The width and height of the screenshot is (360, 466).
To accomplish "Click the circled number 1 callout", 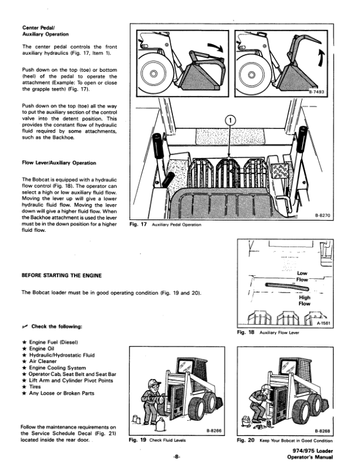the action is [x=231, y=121].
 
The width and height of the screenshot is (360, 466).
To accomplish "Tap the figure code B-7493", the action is [x=316, y=92].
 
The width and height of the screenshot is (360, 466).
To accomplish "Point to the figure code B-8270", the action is [x=322, y=215].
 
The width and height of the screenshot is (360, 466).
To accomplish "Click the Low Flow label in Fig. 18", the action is [x=302, y=277].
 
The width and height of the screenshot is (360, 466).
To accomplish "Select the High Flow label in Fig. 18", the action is [x=305, y=301].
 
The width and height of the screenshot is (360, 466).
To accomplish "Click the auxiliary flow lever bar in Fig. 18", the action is [x=287, y=286].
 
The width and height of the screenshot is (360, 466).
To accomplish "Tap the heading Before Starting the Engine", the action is [x=62, y=275].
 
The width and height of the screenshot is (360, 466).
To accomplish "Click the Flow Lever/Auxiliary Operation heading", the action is [x=59, y=163].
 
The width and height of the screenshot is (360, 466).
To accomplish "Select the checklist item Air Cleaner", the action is [x=43, y=361].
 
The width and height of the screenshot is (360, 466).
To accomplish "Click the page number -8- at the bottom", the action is [x=176, y=457].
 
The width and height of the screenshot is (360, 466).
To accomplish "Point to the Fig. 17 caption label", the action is [x=138, y=224].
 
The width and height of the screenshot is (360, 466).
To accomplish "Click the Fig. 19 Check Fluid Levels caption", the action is [x=157, y=440].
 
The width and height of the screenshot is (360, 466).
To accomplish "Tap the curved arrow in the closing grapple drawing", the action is [x=216, y=47].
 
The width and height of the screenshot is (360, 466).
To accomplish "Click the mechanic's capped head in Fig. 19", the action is [x=154, y=385].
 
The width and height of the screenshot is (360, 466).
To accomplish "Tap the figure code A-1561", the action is [x=323, y=324].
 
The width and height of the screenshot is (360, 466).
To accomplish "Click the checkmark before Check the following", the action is [x=25, y=327].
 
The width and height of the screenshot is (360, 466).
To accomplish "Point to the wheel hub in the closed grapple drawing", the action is [x=154, y=73].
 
